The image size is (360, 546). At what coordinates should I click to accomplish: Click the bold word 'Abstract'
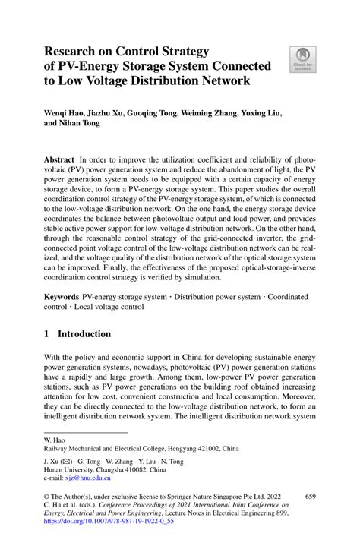(58, 161)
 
